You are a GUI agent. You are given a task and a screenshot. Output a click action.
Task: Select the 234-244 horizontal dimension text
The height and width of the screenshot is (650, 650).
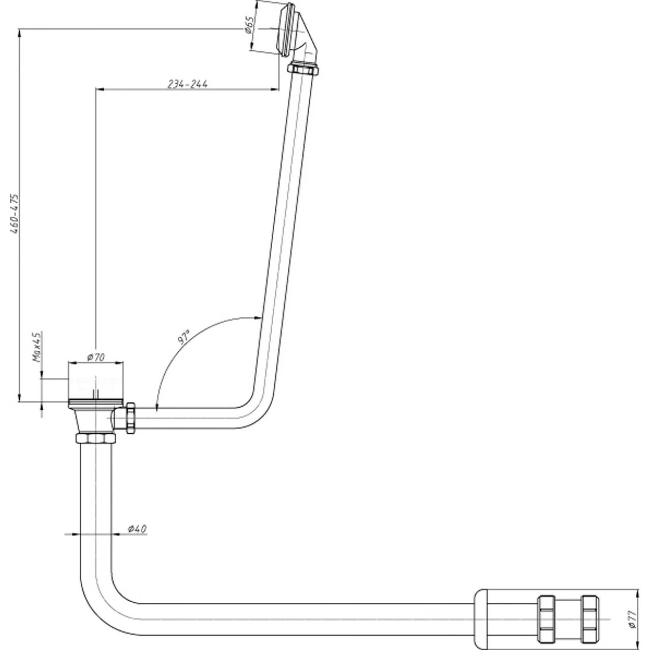coord(187,84)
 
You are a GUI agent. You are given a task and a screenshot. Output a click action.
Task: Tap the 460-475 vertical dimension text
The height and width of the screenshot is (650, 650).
coord(15,213)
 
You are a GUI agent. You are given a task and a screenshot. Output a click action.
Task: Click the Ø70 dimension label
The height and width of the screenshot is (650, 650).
coord(95,357)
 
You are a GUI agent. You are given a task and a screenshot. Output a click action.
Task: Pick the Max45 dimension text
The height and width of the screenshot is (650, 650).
coord(36,346)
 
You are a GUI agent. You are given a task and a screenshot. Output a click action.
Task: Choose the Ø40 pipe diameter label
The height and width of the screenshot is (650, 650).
coord(137,529)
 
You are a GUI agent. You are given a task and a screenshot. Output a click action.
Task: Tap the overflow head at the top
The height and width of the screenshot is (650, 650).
coord(287,28)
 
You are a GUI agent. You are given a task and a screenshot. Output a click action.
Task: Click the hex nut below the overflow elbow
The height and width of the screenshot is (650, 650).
coord(304,68)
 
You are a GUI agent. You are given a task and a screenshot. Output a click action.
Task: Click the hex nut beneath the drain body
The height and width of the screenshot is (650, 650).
coord(96,438)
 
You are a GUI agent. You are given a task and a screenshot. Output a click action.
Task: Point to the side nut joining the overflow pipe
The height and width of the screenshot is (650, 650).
coord(130,418)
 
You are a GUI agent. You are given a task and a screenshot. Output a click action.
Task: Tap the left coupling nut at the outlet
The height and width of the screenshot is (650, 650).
coord(548,619)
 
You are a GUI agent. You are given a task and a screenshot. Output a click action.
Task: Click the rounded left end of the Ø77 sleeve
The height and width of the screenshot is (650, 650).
coord(480,619)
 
